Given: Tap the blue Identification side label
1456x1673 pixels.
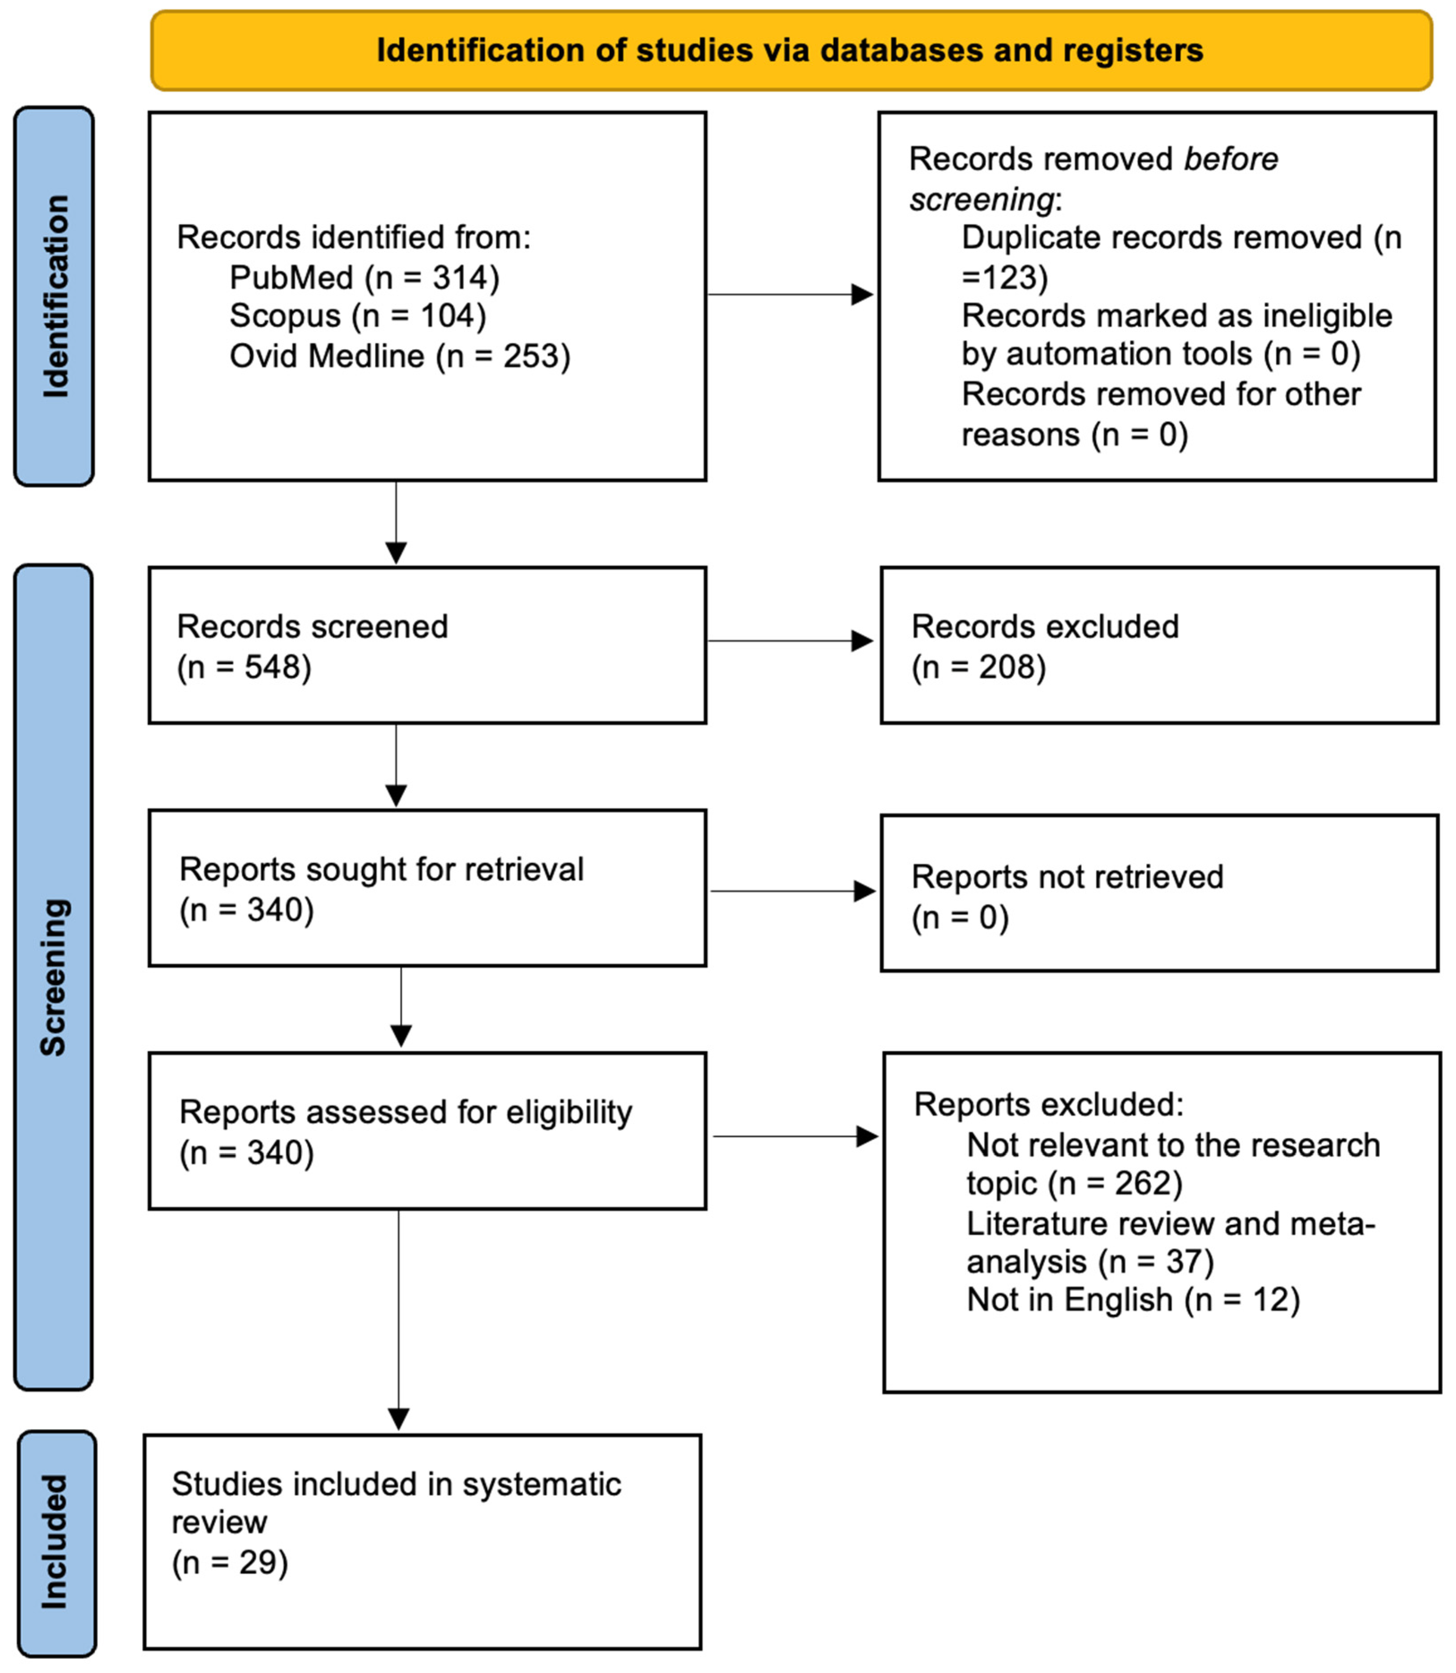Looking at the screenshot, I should (55, 297).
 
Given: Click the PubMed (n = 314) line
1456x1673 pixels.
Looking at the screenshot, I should (364, 278).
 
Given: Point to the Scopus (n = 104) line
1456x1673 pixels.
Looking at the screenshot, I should (358, 316).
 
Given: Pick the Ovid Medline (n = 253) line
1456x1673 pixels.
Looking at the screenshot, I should (400, 356).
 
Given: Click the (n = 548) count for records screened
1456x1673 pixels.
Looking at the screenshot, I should (244, 667).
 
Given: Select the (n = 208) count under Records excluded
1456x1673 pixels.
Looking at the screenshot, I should (979, 667).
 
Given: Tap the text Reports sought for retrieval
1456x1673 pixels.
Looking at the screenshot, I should (381, 870).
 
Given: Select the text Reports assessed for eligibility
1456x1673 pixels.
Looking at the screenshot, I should (406, 1112).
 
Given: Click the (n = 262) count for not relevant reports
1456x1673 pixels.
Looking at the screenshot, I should (1115, 1184).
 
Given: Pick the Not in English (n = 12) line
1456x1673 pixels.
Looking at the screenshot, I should (1133, 1300).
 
